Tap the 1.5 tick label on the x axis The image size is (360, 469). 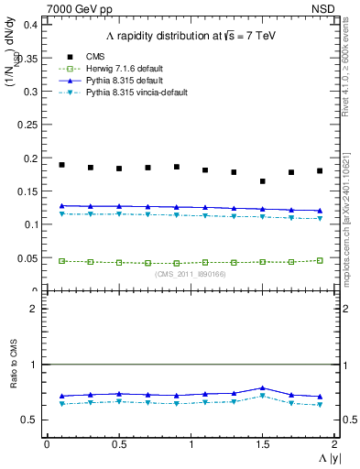click(x=262, y=443)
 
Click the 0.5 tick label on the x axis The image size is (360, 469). click(x=118, y=443)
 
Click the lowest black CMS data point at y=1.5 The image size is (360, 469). click(x=263, y=181)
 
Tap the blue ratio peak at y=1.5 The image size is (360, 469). click(x=263, y=388)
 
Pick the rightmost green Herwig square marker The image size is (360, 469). click(x=320, y=260)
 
